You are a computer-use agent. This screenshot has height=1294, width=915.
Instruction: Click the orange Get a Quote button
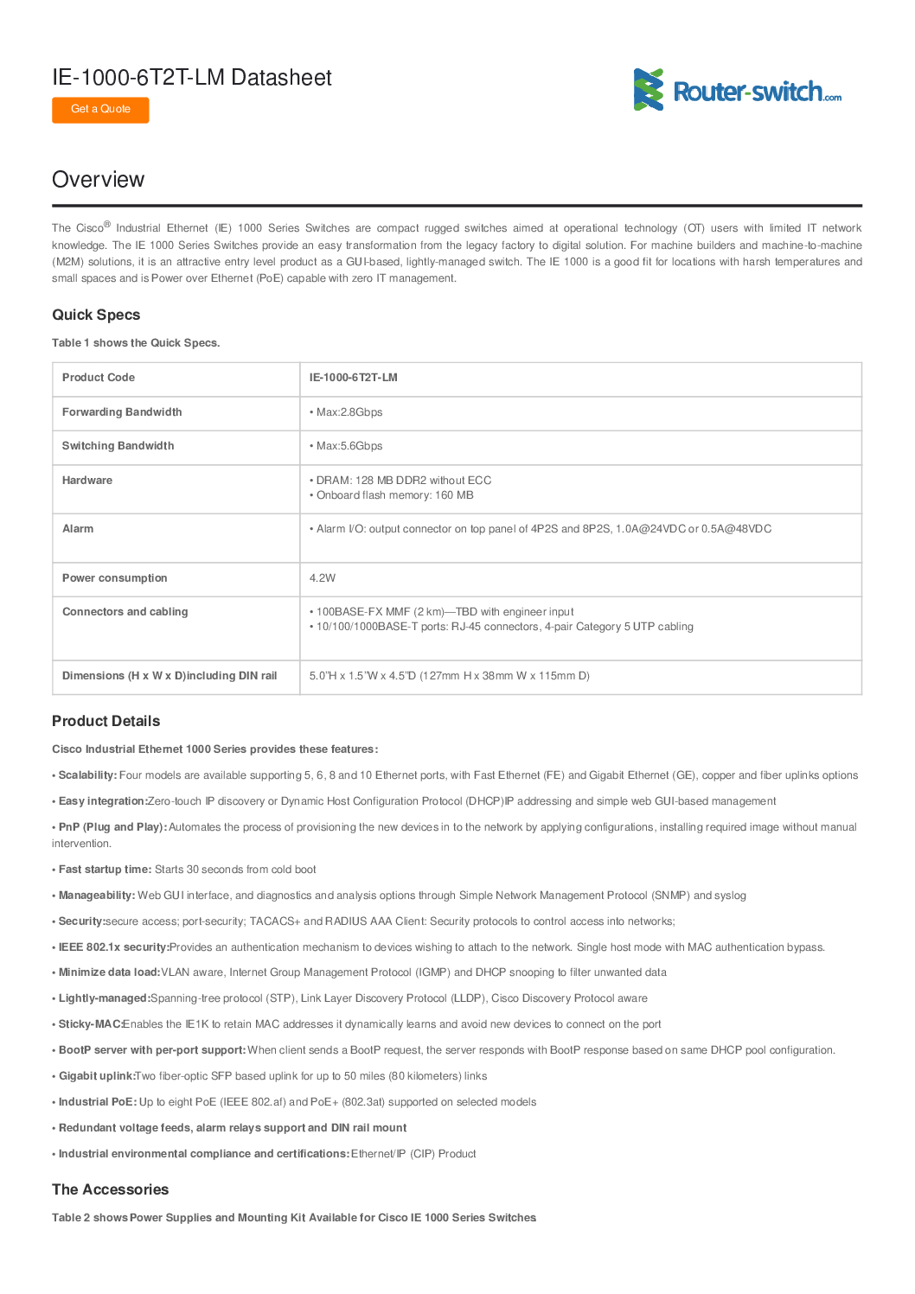click(x=100, y=110)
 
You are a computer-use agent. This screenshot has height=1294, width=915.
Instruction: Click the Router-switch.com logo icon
click(x=649, y=90)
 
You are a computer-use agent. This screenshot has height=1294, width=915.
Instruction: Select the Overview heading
click(x=98, y=180)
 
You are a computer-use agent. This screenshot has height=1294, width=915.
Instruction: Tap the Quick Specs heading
click(x=96, y=315)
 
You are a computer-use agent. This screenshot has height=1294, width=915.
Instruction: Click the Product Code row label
click(x=99, y=378)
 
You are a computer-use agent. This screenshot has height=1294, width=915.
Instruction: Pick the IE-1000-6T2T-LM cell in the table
click(x=354, y=378)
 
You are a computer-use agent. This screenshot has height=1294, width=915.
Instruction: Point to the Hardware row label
click(x=87, y=481)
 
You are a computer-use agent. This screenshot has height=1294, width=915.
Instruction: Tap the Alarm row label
click(x=78, y=529)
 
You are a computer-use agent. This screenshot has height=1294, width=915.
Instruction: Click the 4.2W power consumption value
click(x=323, y=578)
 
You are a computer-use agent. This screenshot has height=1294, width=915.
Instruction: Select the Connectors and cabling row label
click(x=125, y=612)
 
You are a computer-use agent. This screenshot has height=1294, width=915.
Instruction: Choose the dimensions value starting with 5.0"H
click(x=449, y=676)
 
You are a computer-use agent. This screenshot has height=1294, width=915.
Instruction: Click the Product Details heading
click(x=106, y=721)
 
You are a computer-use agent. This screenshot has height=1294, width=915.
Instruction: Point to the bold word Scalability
click(x=86, y=775)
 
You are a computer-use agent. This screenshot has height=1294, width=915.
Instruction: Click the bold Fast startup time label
click(x=105, y=870)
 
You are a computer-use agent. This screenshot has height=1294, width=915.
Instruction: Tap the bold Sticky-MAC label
click(x=90, y=1024)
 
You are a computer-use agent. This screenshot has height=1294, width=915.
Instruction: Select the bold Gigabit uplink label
click(x=97, y=1076)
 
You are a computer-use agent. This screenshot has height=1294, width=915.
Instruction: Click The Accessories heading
click(x=110, y=1189)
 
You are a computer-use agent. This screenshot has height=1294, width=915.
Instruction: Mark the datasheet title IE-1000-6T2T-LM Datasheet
click(x=192, y=78)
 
